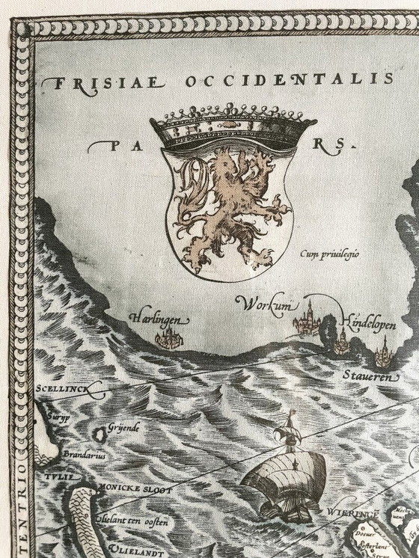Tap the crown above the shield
pyautogui.click(x=232, y=129)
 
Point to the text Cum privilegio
pyautogui.click(x=329, y=254)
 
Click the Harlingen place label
pyautogui.click(x=159, y=320)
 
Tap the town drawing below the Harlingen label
pyautogui.click(x=168, y=340)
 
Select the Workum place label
pyautogui.click(x=261, y=304)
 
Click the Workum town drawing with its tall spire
pyautogui.click(x=308, y=322)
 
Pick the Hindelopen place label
pyautogui.click(x=367, y=322)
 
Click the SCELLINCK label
pyautogui.click(x=61, y=390)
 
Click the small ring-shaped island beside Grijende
pyautogui.click(x=99, y=434)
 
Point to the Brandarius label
pyautogui.click(x=84, y=454)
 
